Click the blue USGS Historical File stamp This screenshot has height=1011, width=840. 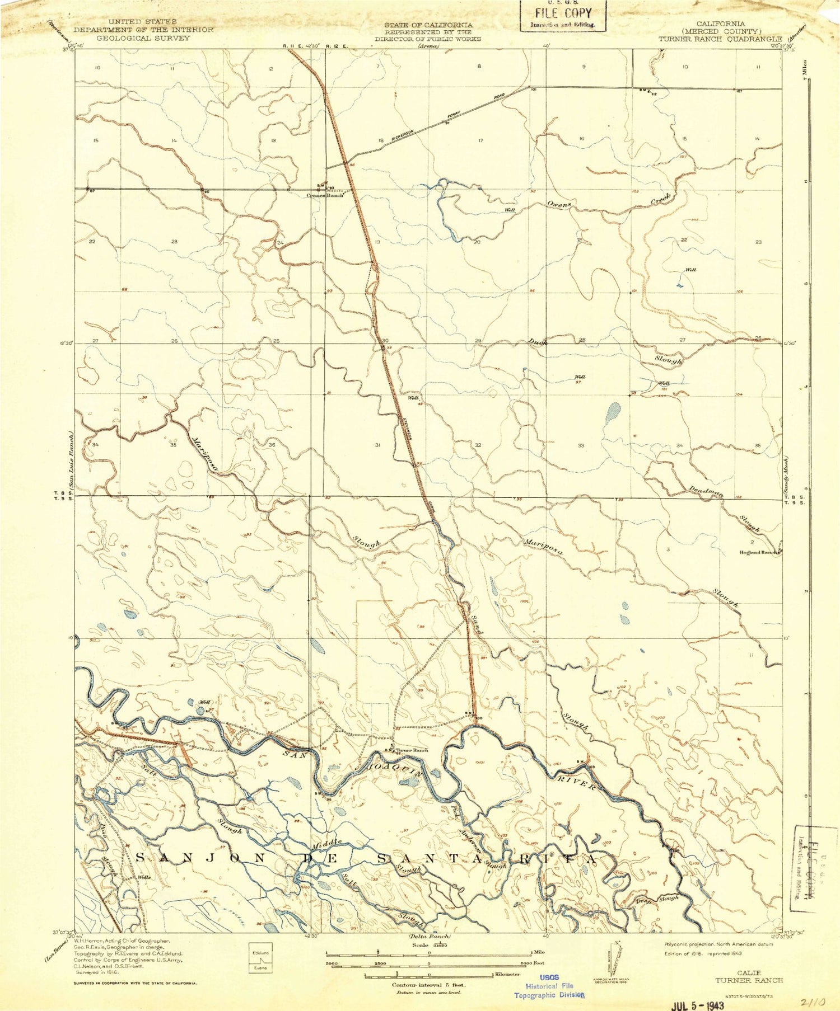pyautogui.click(x=549, y=985)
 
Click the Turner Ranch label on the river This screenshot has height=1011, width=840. pyautogui.click(x=412, y=750)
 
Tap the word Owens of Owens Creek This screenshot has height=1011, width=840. pyautogui.click(x=559, y=205)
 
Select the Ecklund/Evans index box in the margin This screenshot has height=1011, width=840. pyautogui.click(x=258, y=960)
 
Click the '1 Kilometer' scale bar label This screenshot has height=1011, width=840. pyautogui.click(x=507, y=975)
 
